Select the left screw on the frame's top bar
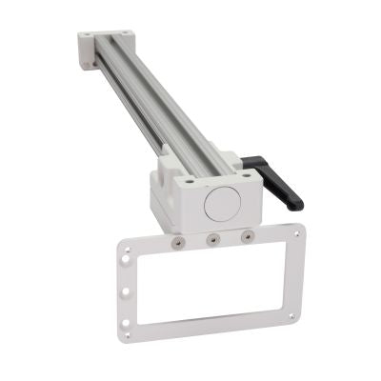178,244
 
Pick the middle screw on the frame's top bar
212,239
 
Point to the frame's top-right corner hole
297,231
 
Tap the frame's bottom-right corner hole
291,317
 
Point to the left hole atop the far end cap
85,36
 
